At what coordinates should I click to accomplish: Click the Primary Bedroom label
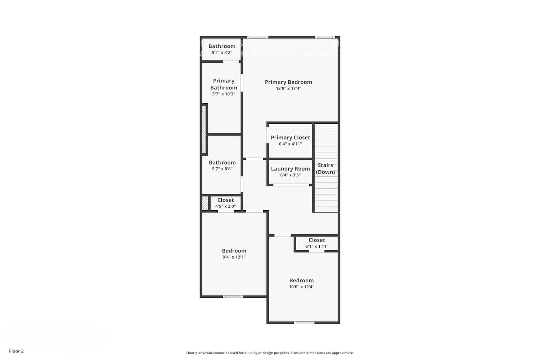[288, 82]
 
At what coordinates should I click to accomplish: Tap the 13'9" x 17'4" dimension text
[288, 89]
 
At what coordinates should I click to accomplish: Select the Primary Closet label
[290, 138]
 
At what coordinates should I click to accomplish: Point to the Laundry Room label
[290, 169]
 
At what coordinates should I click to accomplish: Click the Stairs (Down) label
[325, 168]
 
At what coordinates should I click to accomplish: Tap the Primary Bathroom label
[224, 84]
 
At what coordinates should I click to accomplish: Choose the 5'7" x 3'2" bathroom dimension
[222, 53]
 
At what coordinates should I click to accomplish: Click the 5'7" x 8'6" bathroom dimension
[222, 169]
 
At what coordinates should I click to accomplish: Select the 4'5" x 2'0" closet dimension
[225, 206]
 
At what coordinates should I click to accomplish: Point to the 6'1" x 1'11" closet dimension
[317, 247]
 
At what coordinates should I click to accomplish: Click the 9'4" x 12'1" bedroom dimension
[234, 257]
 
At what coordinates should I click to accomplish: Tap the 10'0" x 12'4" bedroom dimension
[301, 287]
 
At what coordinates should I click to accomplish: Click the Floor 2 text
[16, 351]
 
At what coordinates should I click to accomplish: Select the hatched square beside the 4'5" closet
[205, 203]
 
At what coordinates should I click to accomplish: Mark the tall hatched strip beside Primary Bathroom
[204, 130]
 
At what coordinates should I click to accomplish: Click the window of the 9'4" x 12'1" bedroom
[233, 297]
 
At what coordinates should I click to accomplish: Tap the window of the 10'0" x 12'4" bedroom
[304, 323]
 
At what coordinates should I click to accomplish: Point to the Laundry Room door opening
[291, 185]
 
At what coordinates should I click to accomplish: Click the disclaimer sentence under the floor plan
[270, 353]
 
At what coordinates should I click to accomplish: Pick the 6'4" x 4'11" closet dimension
[290, 144]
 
